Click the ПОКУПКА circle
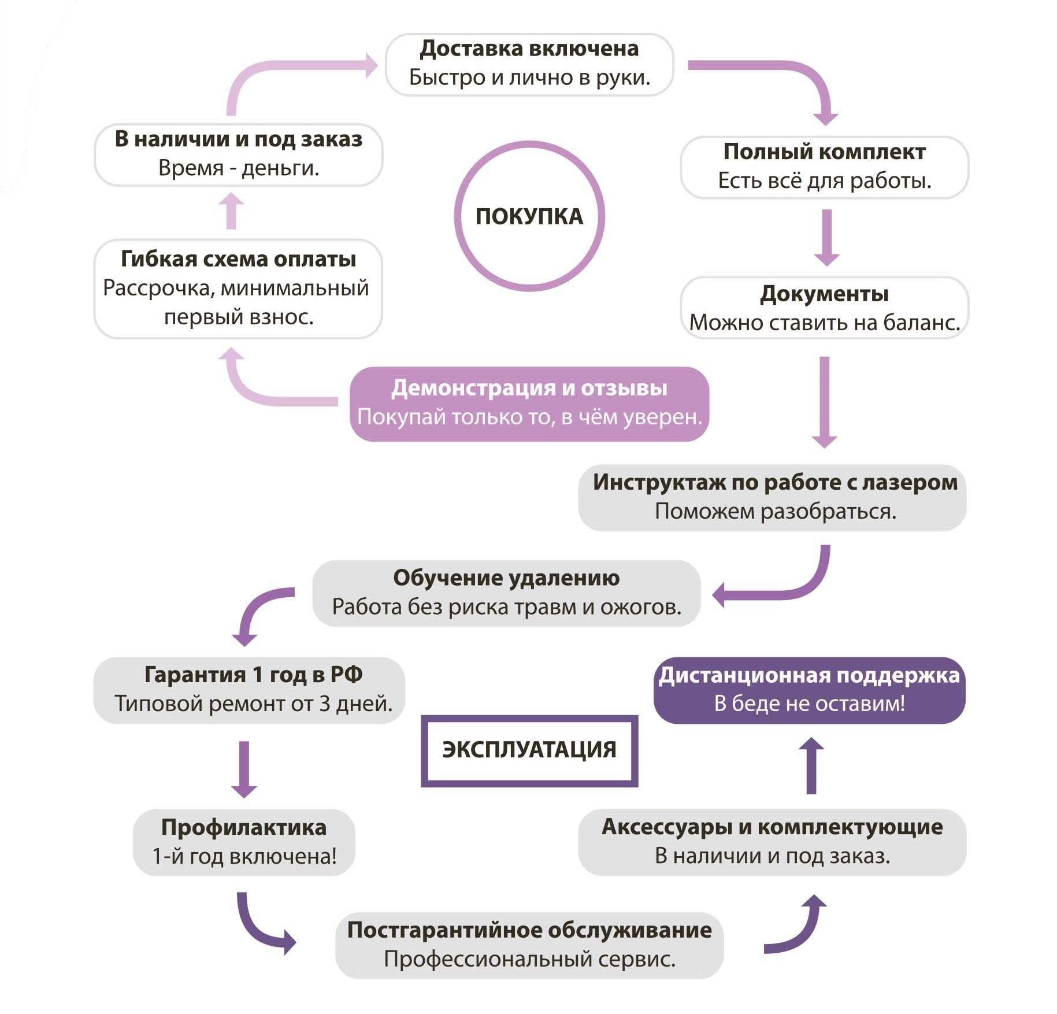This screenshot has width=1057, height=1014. click(x=529, y=216)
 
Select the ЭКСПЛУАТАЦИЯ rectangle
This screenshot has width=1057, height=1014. click(x=529, y=750)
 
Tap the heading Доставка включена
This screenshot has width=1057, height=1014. click(x=529, y=49)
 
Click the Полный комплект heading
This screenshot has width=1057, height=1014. click(x=824, y=151)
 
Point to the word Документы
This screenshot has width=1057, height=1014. click(x=824, y=294)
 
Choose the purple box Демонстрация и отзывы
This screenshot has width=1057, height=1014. click(x=529, y=404)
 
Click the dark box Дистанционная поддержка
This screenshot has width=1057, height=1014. click(x=809, y=690)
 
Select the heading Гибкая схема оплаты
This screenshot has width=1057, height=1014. click(x=238, y=259)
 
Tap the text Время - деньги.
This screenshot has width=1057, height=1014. click(x=238, y=168)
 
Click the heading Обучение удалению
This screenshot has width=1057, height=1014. click(x=506, y=578)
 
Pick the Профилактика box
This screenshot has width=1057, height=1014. click(x=244, y=841)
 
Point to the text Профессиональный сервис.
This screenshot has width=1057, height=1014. click(x=529, y=959)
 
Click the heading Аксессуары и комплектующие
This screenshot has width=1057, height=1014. click(x=772, y=827)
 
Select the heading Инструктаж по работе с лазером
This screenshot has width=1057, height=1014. click(x=775, y=482)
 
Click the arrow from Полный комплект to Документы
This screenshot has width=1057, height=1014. click(x=826, y=237)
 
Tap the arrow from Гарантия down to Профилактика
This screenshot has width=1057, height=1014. click(x=244, y=769)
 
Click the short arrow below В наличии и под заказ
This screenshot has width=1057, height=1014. click(x=231, y=211)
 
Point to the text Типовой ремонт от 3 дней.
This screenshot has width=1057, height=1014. click(x=253, y=704)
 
